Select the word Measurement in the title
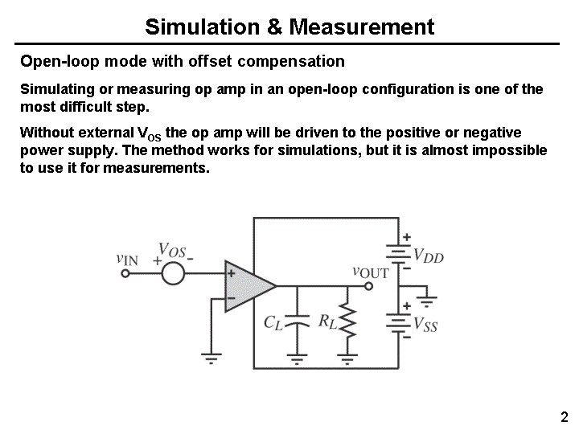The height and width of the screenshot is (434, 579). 361,27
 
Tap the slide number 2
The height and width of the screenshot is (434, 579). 564,417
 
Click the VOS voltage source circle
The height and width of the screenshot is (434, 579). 172,272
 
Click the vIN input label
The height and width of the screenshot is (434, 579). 127,259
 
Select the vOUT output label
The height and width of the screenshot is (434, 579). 371,272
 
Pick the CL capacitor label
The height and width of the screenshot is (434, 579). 274,323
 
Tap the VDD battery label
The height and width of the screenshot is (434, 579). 429,257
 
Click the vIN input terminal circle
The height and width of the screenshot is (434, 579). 125,273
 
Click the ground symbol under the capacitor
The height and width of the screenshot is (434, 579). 297,359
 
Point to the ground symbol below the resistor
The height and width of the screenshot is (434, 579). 347,358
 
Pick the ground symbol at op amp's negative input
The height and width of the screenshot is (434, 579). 211,358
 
